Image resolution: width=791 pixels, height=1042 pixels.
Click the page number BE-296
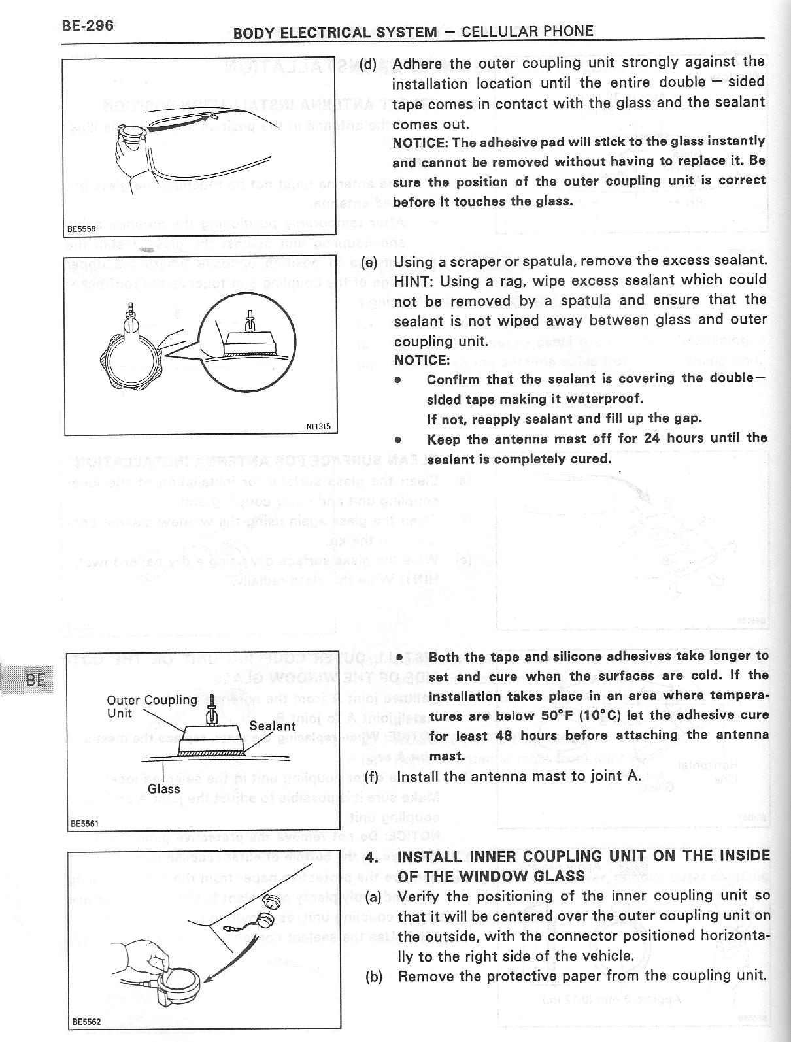[88, 25]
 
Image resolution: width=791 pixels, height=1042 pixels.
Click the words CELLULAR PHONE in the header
[527, 31]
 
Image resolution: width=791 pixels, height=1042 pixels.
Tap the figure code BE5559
[82, 229]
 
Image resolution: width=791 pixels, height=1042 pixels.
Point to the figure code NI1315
[318, 427]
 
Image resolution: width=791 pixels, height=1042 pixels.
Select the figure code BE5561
[84, 823]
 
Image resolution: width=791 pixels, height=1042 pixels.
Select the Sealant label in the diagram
[272, 726]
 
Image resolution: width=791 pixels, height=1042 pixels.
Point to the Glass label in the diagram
[163, 789]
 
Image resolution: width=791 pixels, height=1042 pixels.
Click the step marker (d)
[368, 64]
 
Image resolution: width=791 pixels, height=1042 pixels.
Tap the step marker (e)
[369, 262]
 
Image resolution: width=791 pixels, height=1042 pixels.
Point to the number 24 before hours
[651, 438]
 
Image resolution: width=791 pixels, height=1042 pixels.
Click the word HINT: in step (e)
[413, 280]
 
